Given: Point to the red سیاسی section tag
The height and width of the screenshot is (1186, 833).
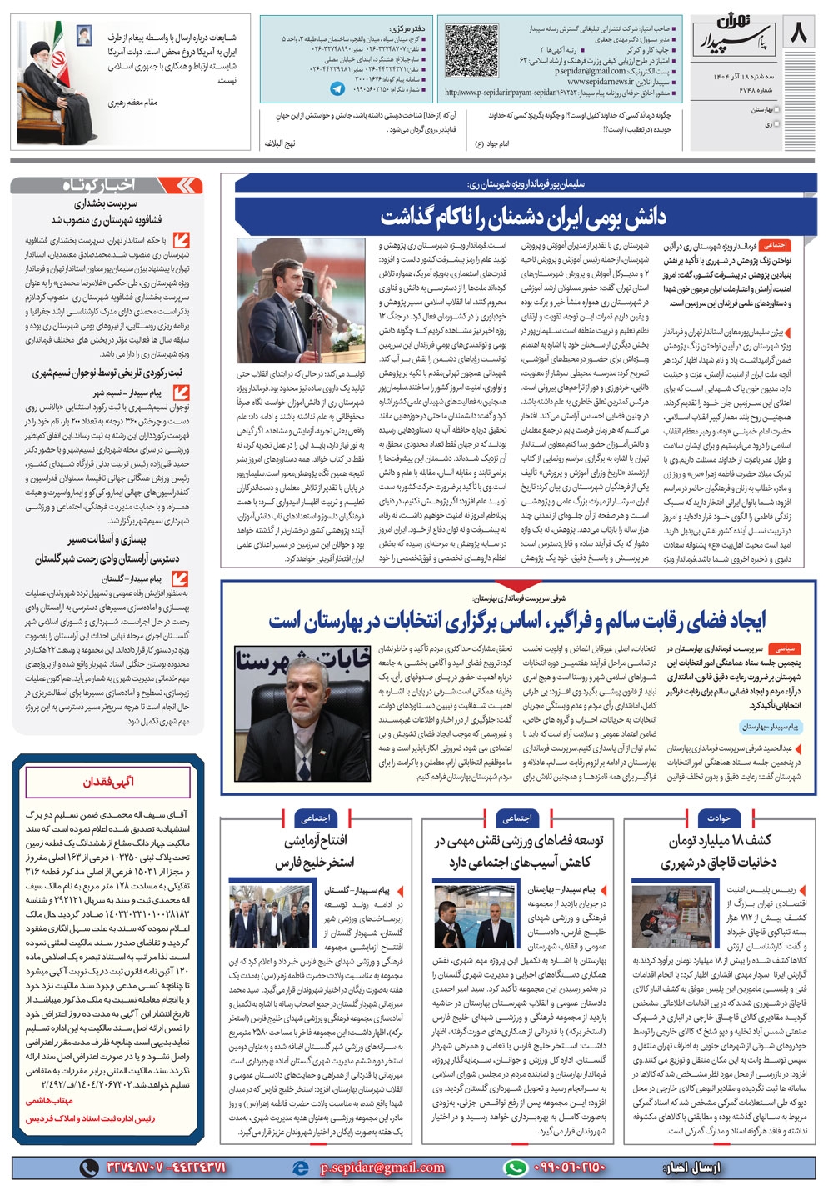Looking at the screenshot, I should pos(784,648).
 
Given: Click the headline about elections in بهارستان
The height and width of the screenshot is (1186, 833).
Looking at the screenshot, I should pos(516,621).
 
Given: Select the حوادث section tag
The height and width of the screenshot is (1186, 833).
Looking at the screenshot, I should pos(718,818).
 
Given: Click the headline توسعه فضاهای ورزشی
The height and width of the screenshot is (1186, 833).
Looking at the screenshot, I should pos(518,850).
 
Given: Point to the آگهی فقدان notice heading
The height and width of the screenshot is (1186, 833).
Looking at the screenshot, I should pos(108,782).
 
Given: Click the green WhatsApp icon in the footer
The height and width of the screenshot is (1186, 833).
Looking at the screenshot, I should pos(516,1168).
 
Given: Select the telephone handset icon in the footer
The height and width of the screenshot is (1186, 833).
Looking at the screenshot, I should pos(88,1168).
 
